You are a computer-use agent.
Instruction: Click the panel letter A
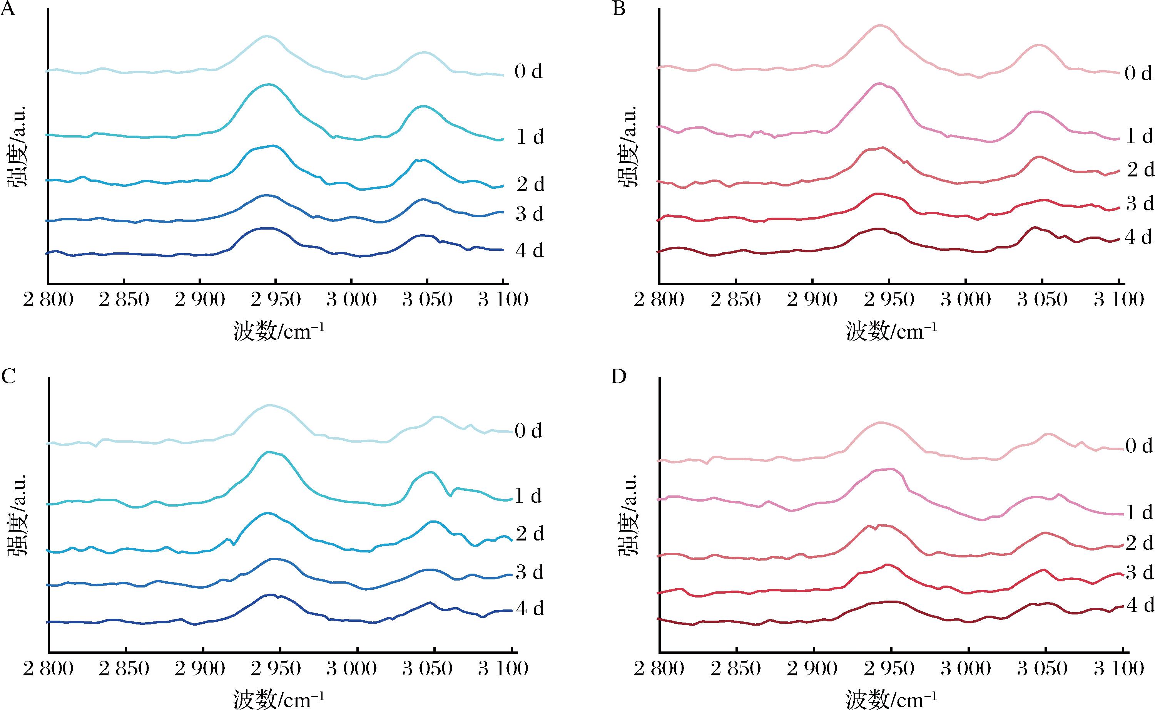coord(8,9)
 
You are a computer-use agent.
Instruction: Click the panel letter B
coord(619,9)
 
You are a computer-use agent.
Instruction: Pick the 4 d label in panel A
coord(529,251)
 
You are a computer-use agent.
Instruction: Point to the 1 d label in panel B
coord(1139,137)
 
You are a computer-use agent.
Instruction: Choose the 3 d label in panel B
coord(1140,204)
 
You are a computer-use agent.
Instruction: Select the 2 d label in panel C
coord(529,534)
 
